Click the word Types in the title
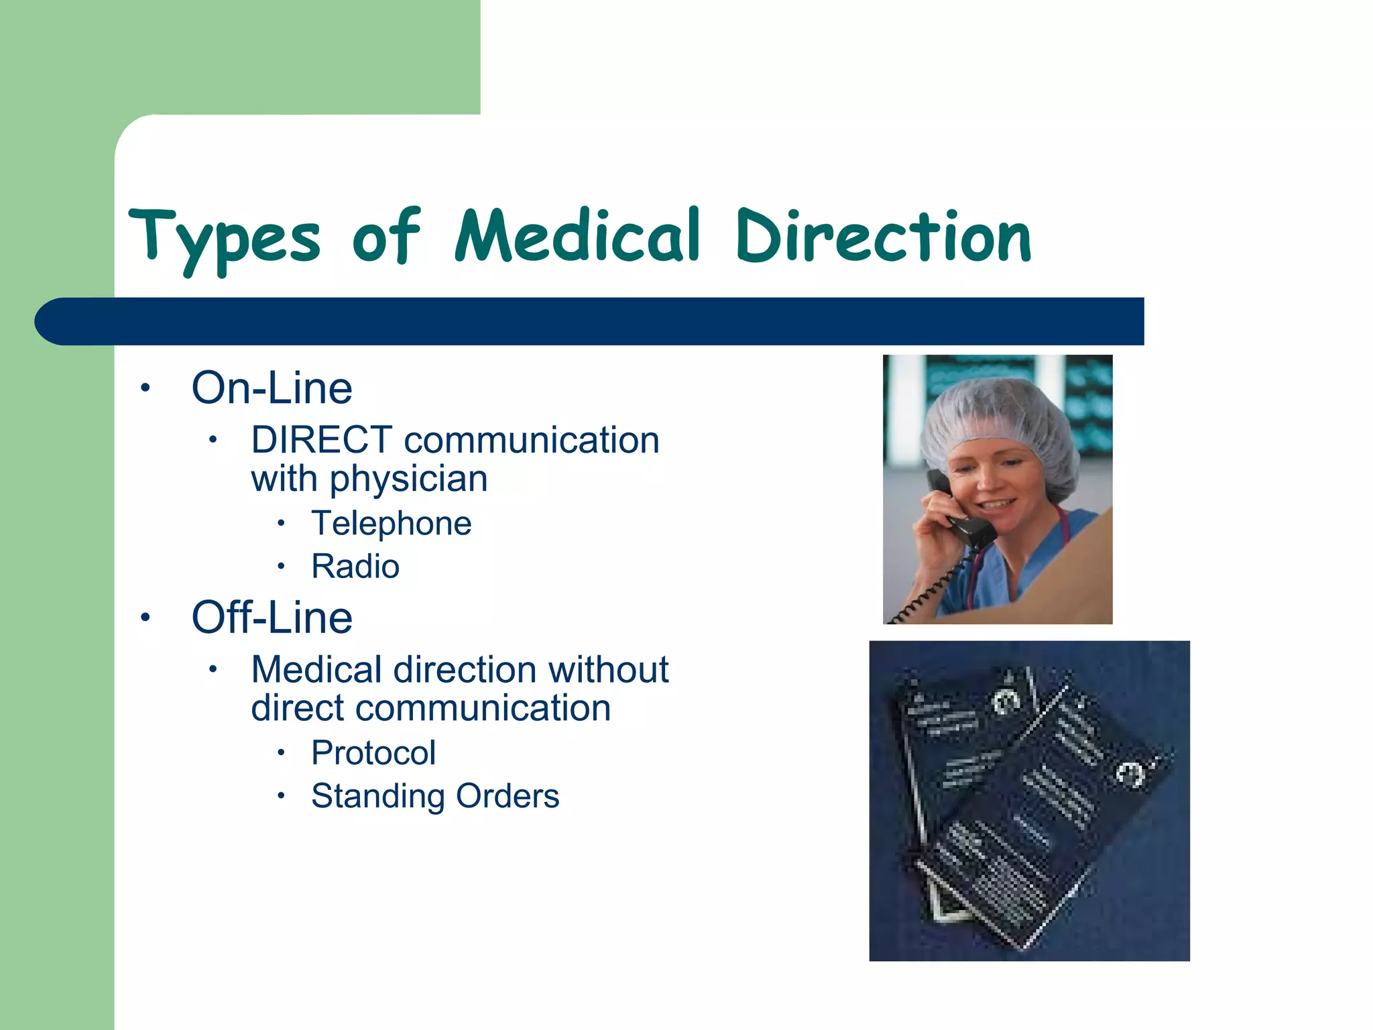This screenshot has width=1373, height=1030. pyautogui.click(x=225, y=238)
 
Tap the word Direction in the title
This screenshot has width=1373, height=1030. pyautogui.click(x=884, y=236)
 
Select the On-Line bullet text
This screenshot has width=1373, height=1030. pyautogui.click(x=272, y=388)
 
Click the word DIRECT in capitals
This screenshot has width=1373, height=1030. pyautogui.click(x=322, y=441)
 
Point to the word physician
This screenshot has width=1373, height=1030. pyautogui.click(x=408, y=479)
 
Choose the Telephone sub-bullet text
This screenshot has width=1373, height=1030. pyautogui.click(x=391, y=524)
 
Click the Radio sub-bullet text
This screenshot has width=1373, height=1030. pyautogui.click(x=355, y=567)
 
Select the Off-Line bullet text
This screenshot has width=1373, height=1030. pyautogui.click(x=272, y=618)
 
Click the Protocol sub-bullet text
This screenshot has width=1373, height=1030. pyautogui.click(x=373, y=753)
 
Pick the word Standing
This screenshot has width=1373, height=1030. pyautogui.click(x=377, y=797)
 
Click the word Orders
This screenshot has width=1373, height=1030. pyautogui.click(x=507, y=797)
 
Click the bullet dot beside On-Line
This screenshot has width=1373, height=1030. pyautogui.click(x=145, y=388)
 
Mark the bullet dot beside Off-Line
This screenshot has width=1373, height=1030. pyautogui.click(x=145, y=617)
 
